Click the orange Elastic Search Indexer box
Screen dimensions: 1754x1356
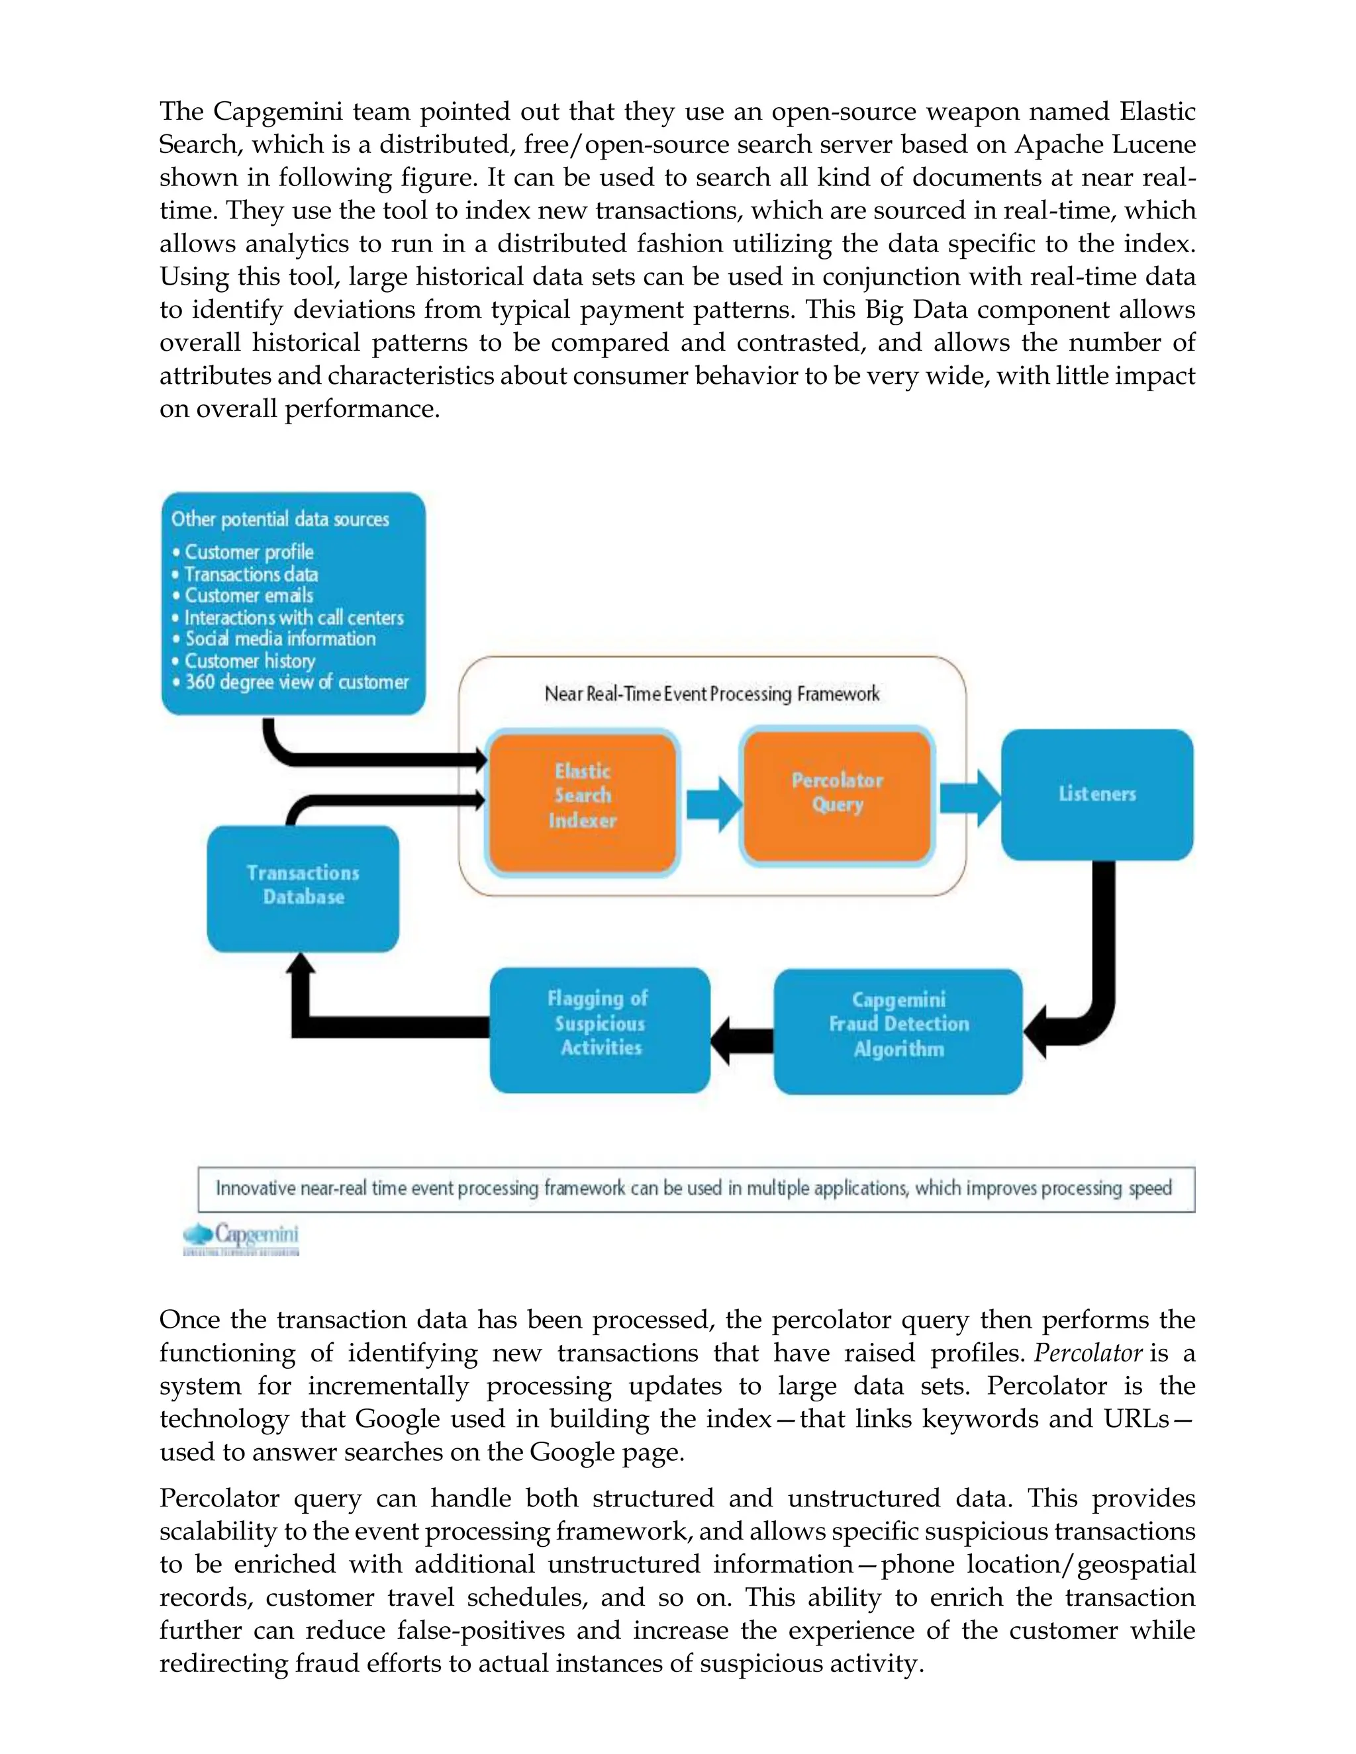[583, 802]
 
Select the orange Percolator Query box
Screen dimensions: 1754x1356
[836, 794]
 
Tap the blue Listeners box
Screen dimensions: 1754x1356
[1096, 794]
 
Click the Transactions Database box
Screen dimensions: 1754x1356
[303, 888]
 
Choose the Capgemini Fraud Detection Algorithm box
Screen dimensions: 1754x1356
[898, 1031]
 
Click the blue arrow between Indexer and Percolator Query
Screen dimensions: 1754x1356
[713, 803]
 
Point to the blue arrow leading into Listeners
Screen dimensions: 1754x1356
[969, 798]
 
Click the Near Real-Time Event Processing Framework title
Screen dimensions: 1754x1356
[712, 694]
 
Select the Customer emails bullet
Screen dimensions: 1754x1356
[248, 596]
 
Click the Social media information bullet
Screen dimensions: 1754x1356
[279, 639]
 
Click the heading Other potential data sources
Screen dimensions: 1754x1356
[279, 520]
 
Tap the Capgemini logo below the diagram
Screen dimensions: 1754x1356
[242, 1238]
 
